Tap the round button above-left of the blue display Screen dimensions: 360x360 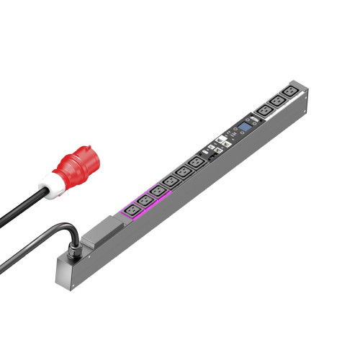[x=235, y=130]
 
